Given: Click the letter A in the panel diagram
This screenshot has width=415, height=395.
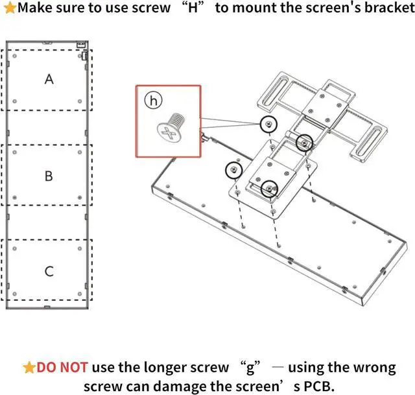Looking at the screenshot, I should coord(49,79).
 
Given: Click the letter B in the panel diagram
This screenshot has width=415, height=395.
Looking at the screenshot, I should coord(49,176).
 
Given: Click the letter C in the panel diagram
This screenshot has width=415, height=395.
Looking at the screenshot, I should coord(49,271).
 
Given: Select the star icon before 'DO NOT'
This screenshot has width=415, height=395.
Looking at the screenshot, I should coord(29,368).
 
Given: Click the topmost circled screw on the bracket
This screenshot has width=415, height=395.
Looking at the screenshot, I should coord(267,123).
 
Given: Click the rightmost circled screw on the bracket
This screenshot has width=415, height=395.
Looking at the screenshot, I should coord(303,141).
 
